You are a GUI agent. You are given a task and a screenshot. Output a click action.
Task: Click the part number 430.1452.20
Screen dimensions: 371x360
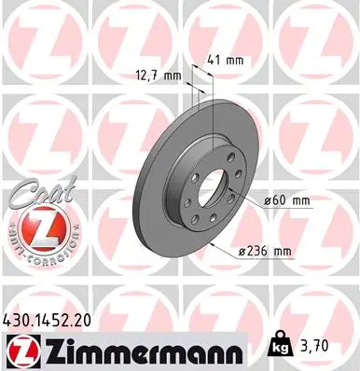pyautogui.click(x=55, y=319)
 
